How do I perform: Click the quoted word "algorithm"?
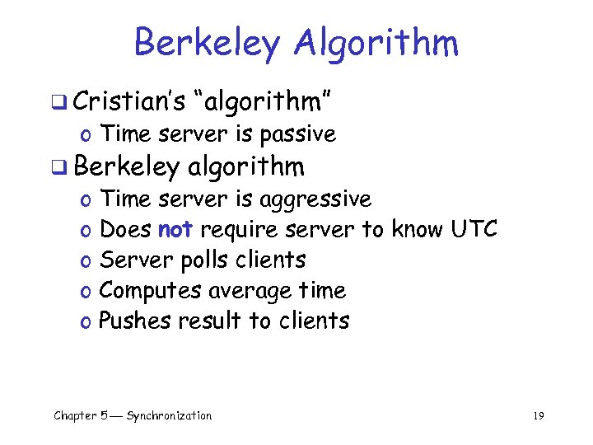tap(262, 101)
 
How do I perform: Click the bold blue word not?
tap(175, 229)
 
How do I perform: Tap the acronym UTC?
tap(474, 229)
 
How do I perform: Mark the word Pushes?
tap(130, 321)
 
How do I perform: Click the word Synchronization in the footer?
tap(168, 416)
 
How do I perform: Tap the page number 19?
tap(539, 416)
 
